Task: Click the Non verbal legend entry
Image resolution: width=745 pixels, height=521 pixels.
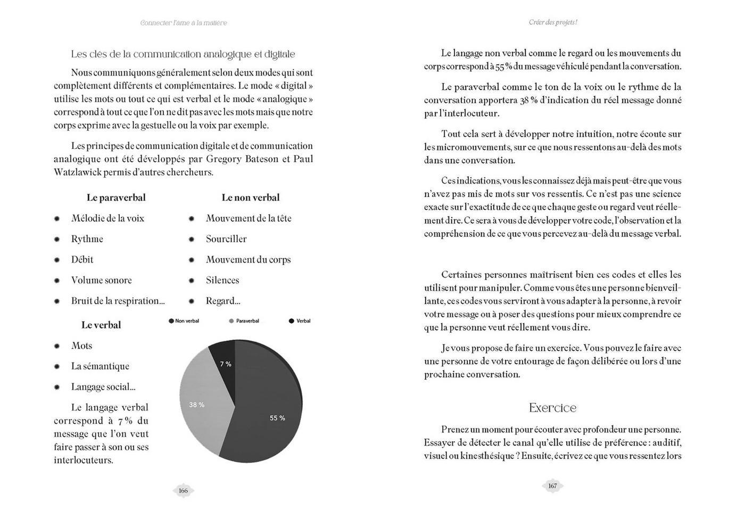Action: (x=184, y=321)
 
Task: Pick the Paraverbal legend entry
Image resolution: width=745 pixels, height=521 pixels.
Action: (x=244, y=321)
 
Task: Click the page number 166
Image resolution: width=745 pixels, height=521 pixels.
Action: (x=183, y=491)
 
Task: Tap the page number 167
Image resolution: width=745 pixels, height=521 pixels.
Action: (x=552, y=486)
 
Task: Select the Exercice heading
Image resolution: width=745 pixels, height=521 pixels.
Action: (x=552, y=408)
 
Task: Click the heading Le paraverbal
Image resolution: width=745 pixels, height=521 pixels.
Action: (x=116, y=198)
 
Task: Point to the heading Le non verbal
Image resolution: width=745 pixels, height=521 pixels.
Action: (x=250, y=198)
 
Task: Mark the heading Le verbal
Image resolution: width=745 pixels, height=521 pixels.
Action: (x=101, y=325)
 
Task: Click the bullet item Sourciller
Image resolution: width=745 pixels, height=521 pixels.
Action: (x=226, y=239)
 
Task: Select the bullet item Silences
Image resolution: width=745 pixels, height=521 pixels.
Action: (x=222, y=280)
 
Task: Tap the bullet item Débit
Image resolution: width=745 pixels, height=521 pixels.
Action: (x=82, y=260)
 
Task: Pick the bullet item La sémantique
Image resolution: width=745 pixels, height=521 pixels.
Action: (x=100, y=366)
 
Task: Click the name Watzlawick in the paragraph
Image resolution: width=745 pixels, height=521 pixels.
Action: (x=77, y=172)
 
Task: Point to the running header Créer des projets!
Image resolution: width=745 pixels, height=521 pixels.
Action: (x=553, y=22)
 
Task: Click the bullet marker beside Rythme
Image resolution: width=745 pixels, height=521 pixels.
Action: (x=57, y=239)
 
